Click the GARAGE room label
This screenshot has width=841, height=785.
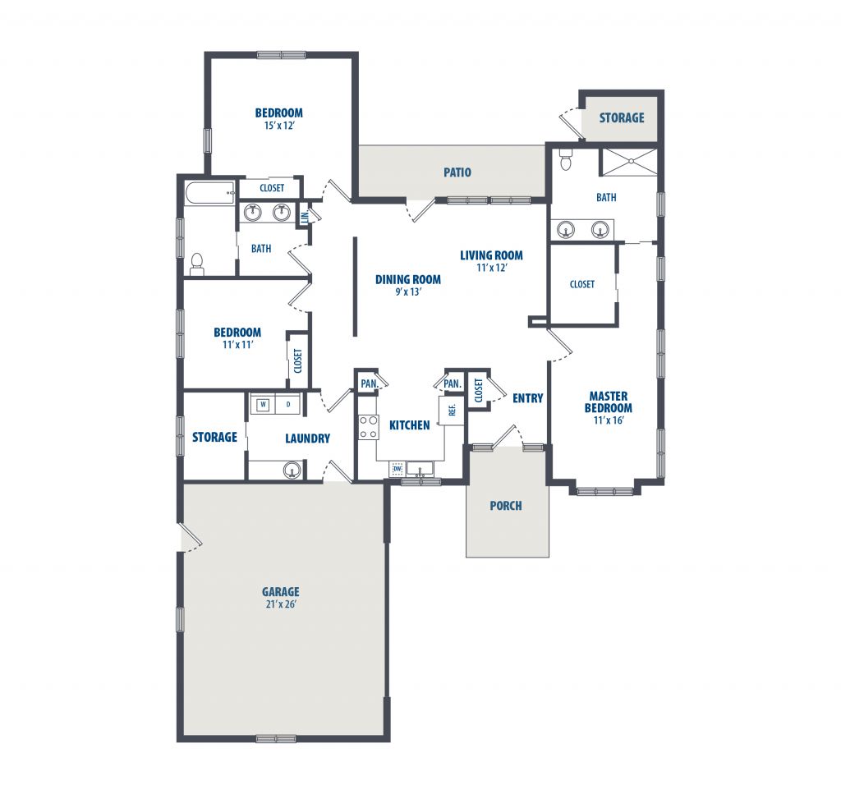[x=281, y=591]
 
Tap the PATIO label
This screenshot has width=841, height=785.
[x=457, y=172]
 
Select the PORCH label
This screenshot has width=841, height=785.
[x=506, y=505]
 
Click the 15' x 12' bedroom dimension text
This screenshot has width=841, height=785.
[x=279, y=126]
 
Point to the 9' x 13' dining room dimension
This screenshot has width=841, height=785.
[x=409, y=292]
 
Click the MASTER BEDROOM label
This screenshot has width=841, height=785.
[x=609, y=402]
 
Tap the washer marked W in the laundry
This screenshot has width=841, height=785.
[x=263, y=404]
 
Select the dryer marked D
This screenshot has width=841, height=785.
[x=288, y=404]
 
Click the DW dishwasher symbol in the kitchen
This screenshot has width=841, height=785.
[x=398, y=469]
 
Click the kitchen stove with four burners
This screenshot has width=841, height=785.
[x=368, y=427]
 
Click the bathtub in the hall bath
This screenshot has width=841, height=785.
[x=210, y=193]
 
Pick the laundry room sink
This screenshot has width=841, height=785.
[x=292, y=471]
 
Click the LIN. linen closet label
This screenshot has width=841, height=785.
[x=305, y=217]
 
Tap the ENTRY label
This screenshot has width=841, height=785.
[x=528, y=398]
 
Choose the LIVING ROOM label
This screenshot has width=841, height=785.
[x=491, y=255]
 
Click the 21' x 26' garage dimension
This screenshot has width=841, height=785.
[x=281, y=604]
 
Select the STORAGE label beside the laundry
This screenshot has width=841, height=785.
[x=214, y=437]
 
